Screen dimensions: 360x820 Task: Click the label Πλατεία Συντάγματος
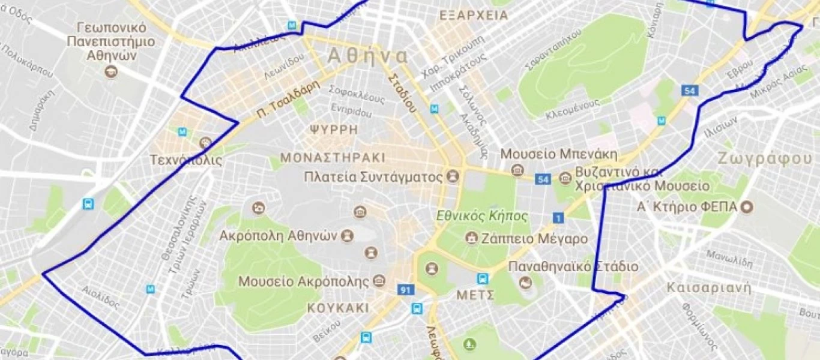pyautogui.click(x=373, y=177)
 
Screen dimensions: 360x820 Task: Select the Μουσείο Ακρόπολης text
pyautogui.click(x=303, y=281)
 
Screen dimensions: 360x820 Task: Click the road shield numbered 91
pyautogui.click(x=406, y=290)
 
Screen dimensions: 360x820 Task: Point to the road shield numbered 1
pyautogui.click(x=559, y=218)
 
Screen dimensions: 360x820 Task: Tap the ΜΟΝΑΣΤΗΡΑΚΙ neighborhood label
pyautogui.click(x=332, y=158)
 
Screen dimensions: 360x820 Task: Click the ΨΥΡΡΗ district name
pyautogui.click(x=334, y=130)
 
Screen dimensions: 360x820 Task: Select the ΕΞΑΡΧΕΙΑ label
pyautogui.click(x=474, y=16)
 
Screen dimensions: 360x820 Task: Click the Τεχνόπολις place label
pyautogui.click(x=186, y=160)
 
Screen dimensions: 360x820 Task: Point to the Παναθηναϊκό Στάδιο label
pyautogui.click(x=573, y=266)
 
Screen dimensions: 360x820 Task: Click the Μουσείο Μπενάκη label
pyautogui.click(x=559, y=154)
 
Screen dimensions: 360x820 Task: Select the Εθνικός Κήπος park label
pyautogui.click(x=482, y=216)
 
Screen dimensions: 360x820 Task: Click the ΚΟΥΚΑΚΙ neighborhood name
pyautogui.click(x=337, y=308)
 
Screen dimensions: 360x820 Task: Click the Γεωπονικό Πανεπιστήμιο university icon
pyautogui.click(x=111, y=73)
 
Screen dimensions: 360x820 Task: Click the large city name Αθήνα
pyautogui.click(x=367, y=57)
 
